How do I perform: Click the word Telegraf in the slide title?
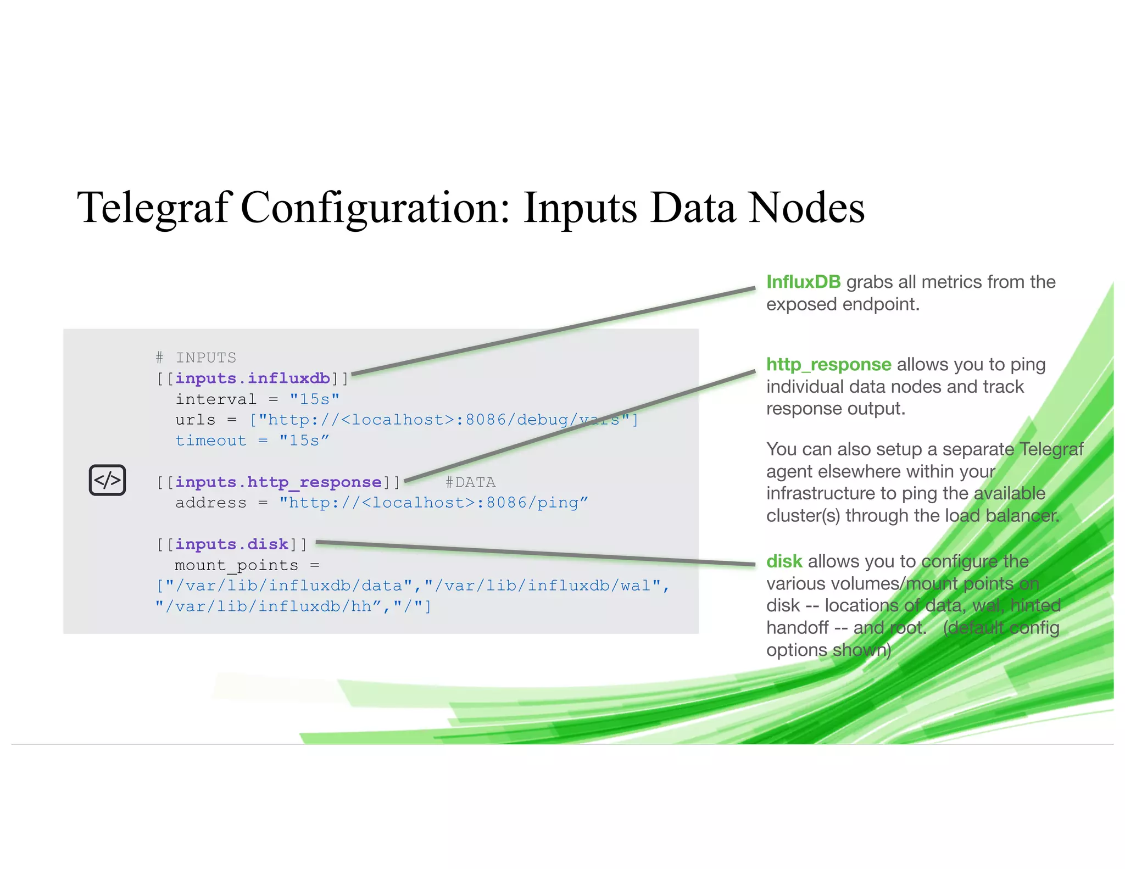154,208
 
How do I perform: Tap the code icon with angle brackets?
108,480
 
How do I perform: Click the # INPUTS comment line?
196,358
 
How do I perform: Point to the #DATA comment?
470,482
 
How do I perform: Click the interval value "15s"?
315,399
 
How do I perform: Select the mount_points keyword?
237,565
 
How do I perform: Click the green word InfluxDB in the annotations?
803,282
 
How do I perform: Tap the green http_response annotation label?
828,364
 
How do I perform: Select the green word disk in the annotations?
784,561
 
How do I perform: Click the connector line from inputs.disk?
536,553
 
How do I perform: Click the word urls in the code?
196,420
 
